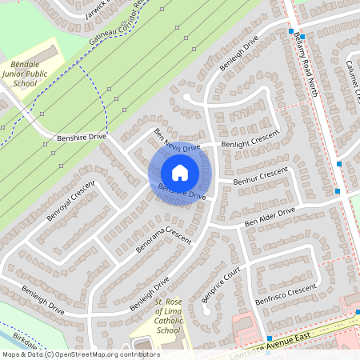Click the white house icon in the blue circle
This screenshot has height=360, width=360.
click(180, 173)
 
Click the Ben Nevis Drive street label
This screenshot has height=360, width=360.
click(177, 142)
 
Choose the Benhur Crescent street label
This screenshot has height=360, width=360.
click(260, 177)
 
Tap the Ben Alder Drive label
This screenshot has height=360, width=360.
click(270, 215)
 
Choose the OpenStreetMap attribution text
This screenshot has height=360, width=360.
click(80, 354)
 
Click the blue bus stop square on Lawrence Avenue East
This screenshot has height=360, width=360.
click(270, 338)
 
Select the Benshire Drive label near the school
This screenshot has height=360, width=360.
click(82, 138)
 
